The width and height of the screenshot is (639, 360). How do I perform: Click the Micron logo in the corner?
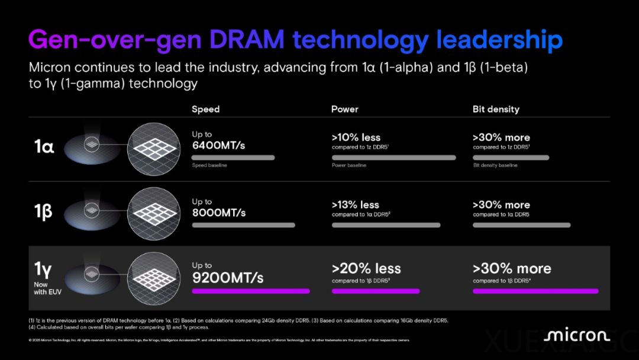tap(576, 336)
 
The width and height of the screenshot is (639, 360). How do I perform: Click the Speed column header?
tap(205, 109)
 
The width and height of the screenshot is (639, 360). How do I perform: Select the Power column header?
tap(344, 109)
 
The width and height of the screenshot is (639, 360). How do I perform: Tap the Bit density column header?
tap(496, 109)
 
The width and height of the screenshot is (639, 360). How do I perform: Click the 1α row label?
tap(44, 146)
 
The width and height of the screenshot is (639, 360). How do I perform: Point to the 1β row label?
tap(43, 211)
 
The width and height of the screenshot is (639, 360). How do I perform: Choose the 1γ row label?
tap(43, 270)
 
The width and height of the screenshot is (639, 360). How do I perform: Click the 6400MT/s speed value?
tap(218, 146)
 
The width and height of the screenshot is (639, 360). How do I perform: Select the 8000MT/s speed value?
tap(218, 212)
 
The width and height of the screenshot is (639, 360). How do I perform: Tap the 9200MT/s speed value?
tap(228, 277)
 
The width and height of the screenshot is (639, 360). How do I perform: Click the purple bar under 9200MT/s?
tap(250, 291)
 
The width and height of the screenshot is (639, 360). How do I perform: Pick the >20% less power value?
tap(366, 268)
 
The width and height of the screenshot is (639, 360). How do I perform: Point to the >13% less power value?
tap(356, 204)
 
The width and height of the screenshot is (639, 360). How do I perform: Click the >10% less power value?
tap(356, 137)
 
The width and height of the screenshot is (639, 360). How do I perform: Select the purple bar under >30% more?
tap(535, 291)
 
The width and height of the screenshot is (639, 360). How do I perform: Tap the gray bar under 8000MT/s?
tap(243, 225)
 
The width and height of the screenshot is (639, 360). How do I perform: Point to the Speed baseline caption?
tap(209, 165)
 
